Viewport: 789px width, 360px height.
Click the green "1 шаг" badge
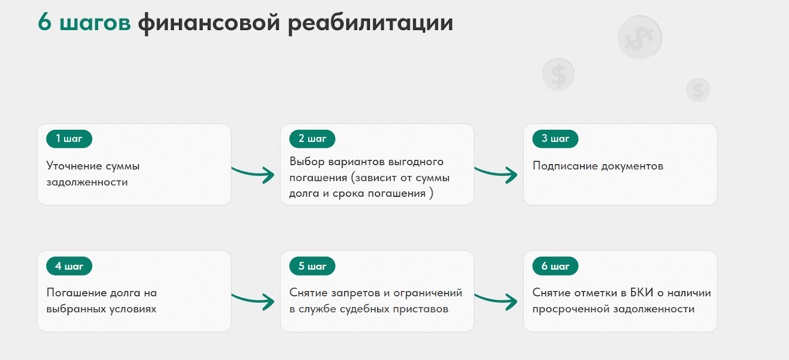click(69, 139)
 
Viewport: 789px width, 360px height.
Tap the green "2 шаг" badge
click(312, 139)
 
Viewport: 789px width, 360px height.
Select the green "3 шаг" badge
click(555, 139)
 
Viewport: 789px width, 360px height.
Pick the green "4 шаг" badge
click(69, 266)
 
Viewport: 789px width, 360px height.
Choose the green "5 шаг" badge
click(312, 266)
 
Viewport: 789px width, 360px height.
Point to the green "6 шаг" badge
click(555, 266)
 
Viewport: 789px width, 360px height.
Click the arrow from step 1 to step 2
click(253, 174)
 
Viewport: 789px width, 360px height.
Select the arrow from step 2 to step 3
click(496, 174)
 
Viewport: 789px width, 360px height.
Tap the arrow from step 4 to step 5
click(253, 300)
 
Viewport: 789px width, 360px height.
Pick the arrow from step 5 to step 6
click(496, 300)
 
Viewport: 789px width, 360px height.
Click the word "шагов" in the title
click(95, 23)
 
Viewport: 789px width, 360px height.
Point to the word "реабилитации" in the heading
click(370, 23)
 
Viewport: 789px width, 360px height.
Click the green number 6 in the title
click(45, 22)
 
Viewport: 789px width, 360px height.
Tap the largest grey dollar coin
click(640, 37)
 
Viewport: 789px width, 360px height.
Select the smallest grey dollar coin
click(698, 90)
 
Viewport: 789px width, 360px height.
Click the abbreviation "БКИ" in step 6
click(642, 293)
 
